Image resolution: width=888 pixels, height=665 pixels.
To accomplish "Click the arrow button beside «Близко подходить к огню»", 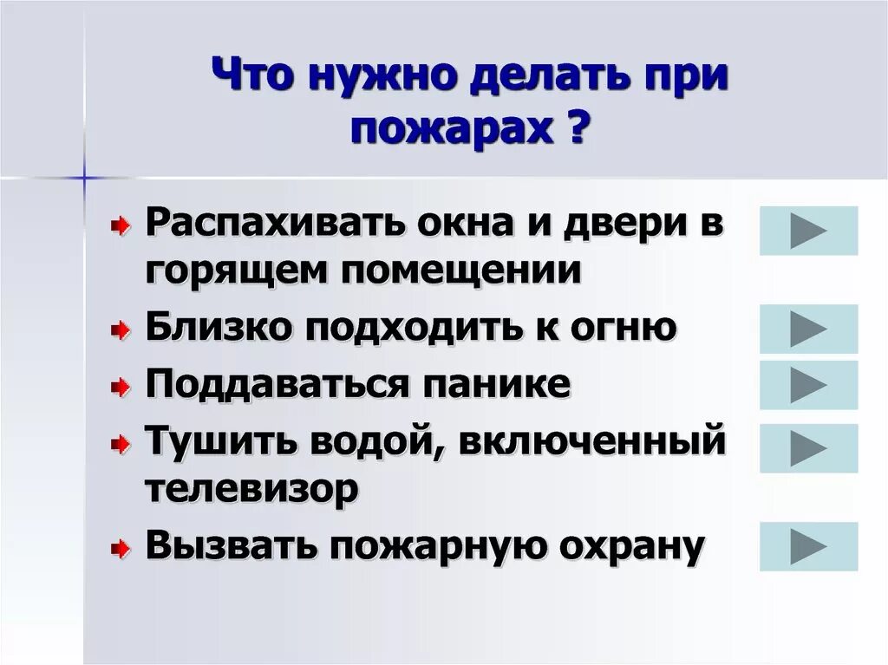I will coord(808,329).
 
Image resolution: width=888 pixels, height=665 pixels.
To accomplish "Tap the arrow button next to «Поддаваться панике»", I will coord(808,385).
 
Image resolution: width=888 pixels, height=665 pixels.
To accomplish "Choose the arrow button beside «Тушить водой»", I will coord(808,448).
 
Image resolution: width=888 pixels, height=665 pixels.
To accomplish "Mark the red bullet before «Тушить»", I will coord(121,445).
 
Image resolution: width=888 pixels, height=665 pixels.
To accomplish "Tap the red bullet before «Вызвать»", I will coord(121,548).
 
